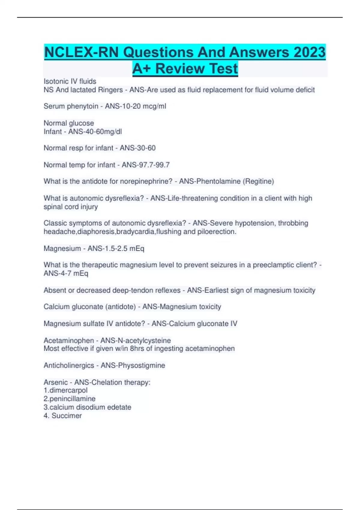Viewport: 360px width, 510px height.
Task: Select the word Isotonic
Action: click(56, 81)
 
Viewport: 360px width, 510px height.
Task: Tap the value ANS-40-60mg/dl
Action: click(95, 131)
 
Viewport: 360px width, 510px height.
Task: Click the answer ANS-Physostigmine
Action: click(133, 365)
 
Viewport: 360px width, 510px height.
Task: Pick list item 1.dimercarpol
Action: click(65, 390)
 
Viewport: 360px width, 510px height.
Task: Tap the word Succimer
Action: click(67, 415)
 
